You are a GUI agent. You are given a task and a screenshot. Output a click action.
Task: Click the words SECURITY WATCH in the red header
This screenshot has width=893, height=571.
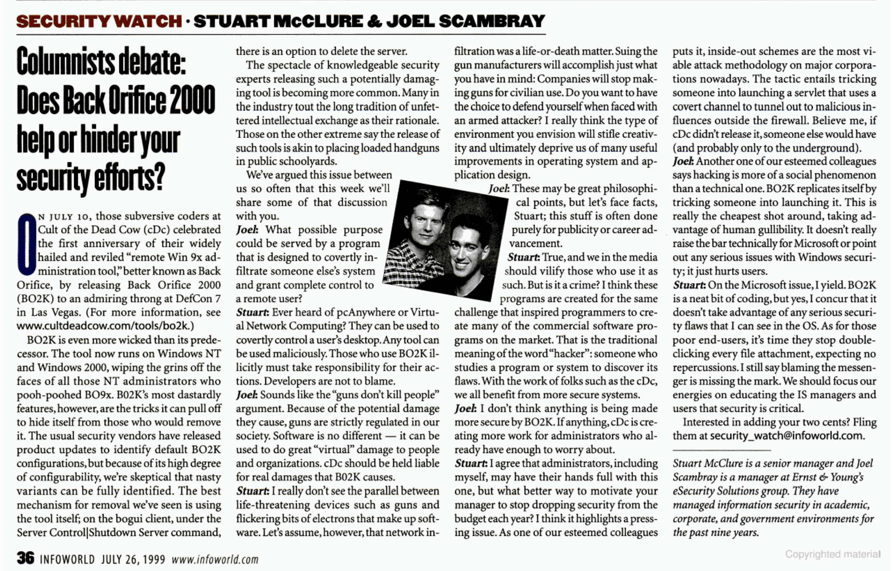(x=99, y=21)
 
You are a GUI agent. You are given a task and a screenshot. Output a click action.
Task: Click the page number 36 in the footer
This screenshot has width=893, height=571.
(x=25, y=558)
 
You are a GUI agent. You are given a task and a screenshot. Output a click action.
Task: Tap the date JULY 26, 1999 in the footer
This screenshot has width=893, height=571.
(x=133, y=559)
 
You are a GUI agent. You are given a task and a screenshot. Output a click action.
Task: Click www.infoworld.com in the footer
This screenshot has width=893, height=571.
(x=215, y=559)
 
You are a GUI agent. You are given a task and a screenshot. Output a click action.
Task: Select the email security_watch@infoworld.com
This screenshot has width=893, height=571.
(x=787, y=436)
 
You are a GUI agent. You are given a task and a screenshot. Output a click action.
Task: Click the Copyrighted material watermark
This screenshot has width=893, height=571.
(x=833, y=554)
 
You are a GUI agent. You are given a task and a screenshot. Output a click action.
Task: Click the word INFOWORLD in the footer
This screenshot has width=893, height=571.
(x=67, y=559)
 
